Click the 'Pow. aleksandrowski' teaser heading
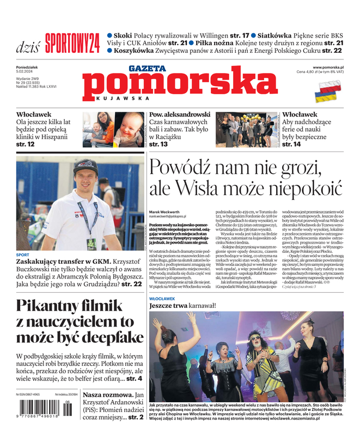coord(180,114)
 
